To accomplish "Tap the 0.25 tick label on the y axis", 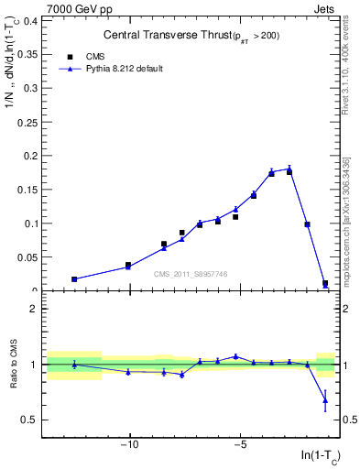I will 27,122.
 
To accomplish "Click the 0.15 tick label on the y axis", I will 27,190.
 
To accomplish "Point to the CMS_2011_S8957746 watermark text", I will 189,274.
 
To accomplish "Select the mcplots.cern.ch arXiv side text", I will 347,220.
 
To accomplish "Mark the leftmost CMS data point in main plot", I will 74,279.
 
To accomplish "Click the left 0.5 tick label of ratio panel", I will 29,420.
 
